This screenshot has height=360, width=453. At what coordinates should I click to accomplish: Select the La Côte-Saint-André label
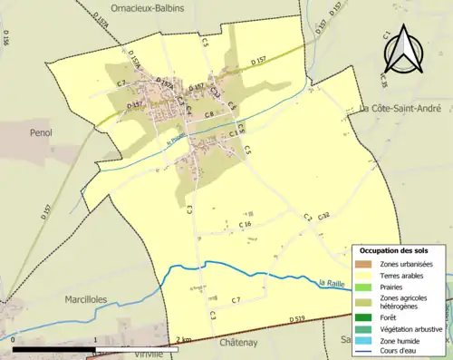coord(406,109)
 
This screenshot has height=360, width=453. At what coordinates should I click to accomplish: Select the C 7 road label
coord(235,299)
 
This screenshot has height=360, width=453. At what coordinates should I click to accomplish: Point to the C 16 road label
coord(245,224)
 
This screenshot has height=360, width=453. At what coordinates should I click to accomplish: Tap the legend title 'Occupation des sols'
coord(394,249)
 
